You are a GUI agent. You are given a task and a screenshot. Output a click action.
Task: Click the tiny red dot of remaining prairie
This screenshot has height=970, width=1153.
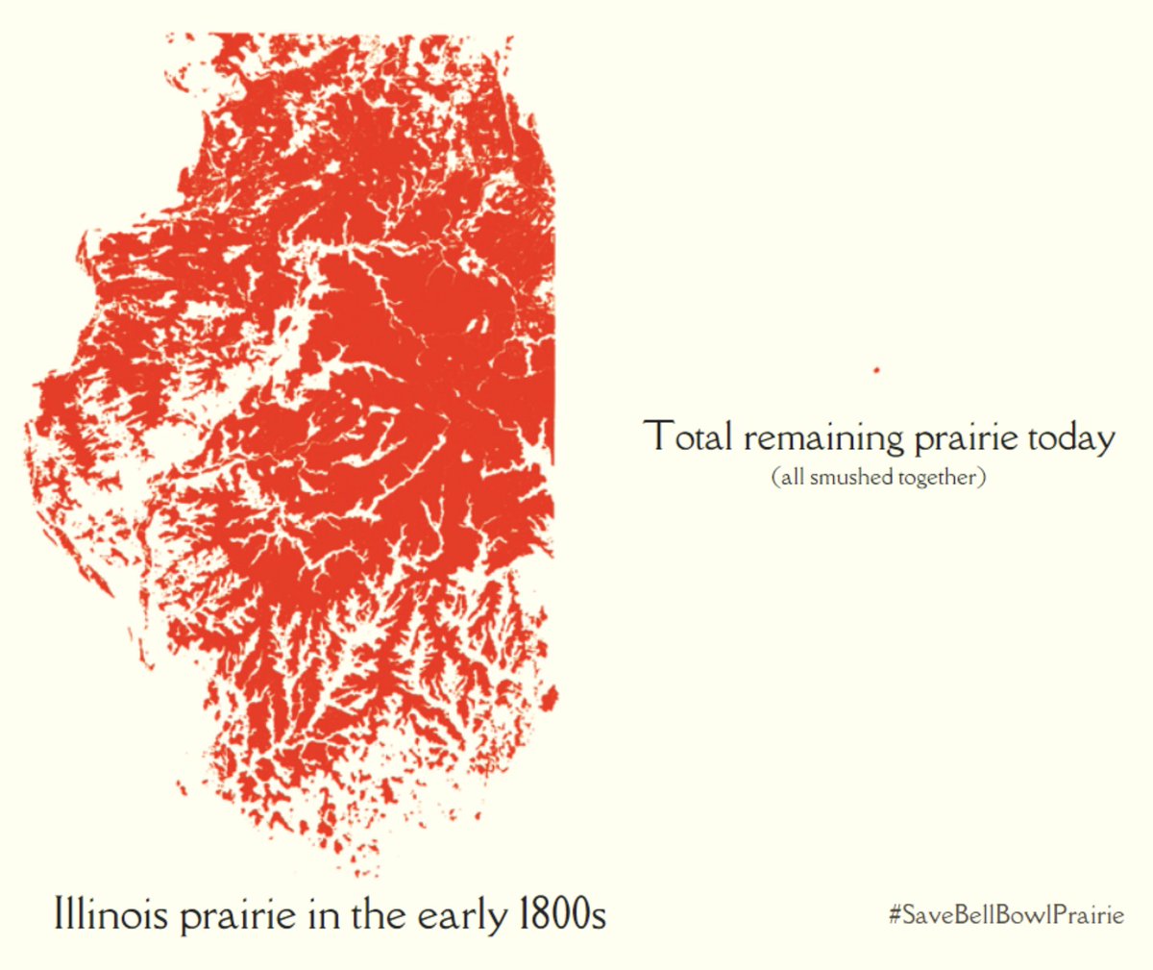(876, 370)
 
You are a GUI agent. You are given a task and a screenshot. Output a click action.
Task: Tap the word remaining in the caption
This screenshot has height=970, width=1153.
(822, 438)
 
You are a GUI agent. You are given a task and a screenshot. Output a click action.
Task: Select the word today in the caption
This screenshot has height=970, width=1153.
(1071, 438)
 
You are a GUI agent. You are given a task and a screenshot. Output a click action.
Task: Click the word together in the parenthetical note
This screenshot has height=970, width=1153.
(937, 478)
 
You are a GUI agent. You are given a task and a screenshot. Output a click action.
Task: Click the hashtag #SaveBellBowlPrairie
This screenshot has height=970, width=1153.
(1006, 914)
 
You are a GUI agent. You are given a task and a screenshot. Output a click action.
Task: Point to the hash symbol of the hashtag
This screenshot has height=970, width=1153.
(895, 914)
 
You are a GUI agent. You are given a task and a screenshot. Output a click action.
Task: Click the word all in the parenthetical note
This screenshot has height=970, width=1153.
(793, 477)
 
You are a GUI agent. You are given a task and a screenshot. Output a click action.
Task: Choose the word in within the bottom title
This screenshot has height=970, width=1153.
(320, 913)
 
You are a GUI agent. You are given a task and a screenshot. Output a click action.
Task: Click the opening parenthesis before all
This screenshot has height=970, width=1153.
(775, 478)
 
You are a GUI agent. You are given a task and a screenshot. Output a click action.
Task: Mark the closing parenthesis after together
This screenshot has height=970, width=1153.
(982, 478)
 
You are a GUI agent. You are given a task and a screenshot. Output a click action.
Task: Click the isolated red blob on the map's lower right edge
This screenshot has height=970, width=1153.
(549, 697)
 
